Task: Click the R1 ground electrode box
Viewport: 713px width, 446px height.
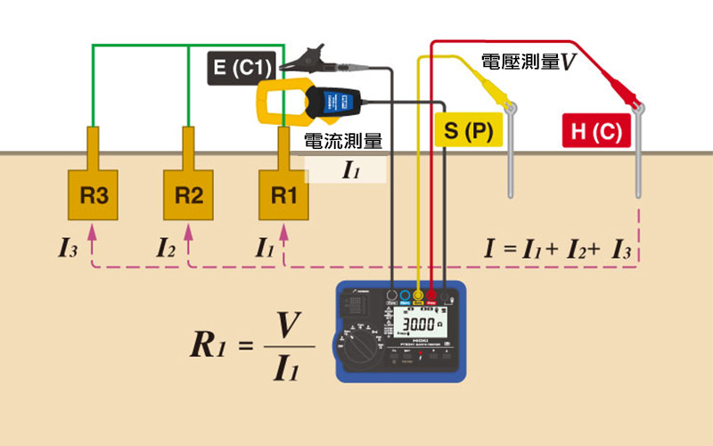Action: [x=283, y=195]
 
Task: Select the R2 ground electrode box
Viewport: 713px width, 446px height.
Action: [x=188, y=195]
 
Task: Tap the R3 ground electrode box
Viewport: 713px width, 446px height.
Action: [x=94, y=195]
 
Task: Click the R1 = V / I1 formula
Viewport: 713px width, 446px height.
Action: [x=253, y=346]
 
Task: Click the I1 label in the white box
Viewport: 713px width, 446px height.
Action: [x=350, y=170]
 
